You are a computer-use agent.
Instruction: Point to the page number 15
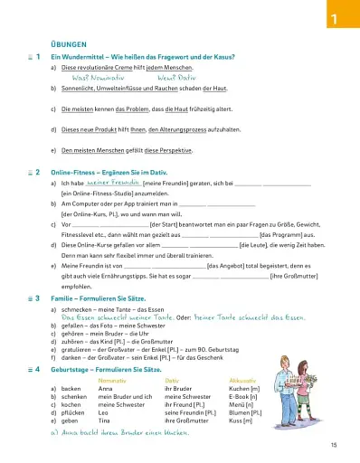pyautogui.click(x=334, y=444)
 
